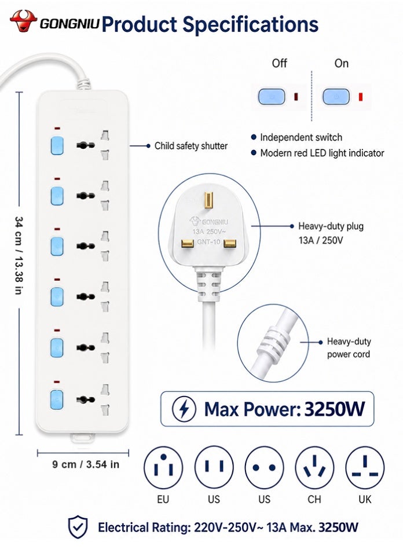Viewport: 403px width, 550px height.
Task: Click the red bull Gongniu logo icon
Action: pos(23,20)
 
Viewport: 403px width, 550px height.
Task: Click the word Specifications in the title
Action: pos(251,24)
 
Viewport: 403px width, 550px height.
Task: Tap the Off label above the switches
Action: pos(279,64)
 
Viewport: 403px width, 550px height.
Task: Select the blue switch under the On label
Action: pos(336,97)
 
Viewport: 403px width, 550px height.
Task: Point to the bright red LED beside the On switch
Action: pos(361,97)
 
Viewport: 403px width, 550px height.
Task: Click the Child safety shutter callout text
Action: pos(191,146)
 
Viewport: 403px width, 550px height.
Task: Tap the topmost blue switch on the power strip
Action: pos(57,145)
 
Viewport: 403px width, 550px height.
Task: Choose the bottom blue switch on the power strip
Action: pos(57,399)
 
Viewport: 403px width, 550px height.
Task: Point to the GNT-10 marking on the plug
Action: pos(208,242)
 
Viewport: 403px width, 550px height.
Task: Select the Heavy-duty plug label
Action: pos(331,226)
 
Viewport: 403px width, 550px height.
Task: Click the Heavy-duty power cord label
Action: pos(349,347)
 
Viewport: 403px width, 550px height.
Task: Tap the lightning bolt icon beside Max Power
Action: pos(184,409)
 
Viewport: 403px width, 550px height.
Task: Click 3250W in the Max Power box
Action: pos(335,409)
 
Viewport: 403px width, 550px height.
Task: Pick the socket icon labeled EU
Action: pos(163,467)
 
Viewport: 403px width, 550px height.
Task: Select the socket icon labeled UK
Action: pos(365,467)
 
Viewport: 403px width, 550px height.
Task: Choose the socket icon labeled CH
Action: pos(314,467)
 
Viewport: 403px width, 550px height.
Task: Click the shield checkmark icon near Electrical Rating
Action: pos(78,526)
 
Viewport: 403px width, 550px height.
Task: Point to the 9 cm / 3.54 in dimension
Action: pos(86,464)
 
